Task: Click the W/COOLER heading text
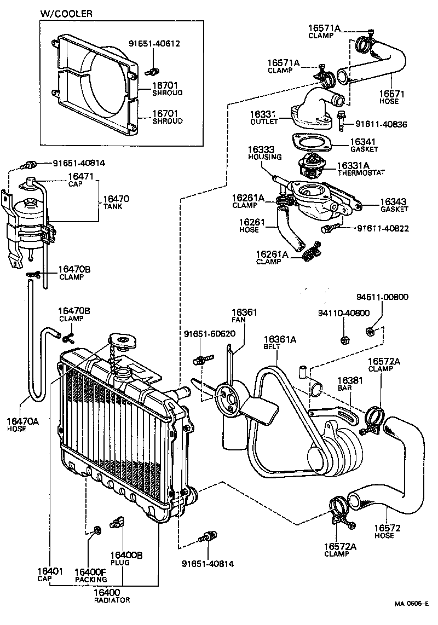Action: [x=66, y=13]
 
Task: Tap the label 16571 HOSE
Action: [x=392, y=97]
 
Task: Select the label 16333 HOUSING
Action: [x=264, y=153]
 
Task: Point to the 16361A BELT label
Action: [x=280, y=342]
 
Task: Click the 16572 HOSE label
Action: [x=388, y=531]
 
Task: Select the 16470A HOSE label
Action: [x=22, y=424]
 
